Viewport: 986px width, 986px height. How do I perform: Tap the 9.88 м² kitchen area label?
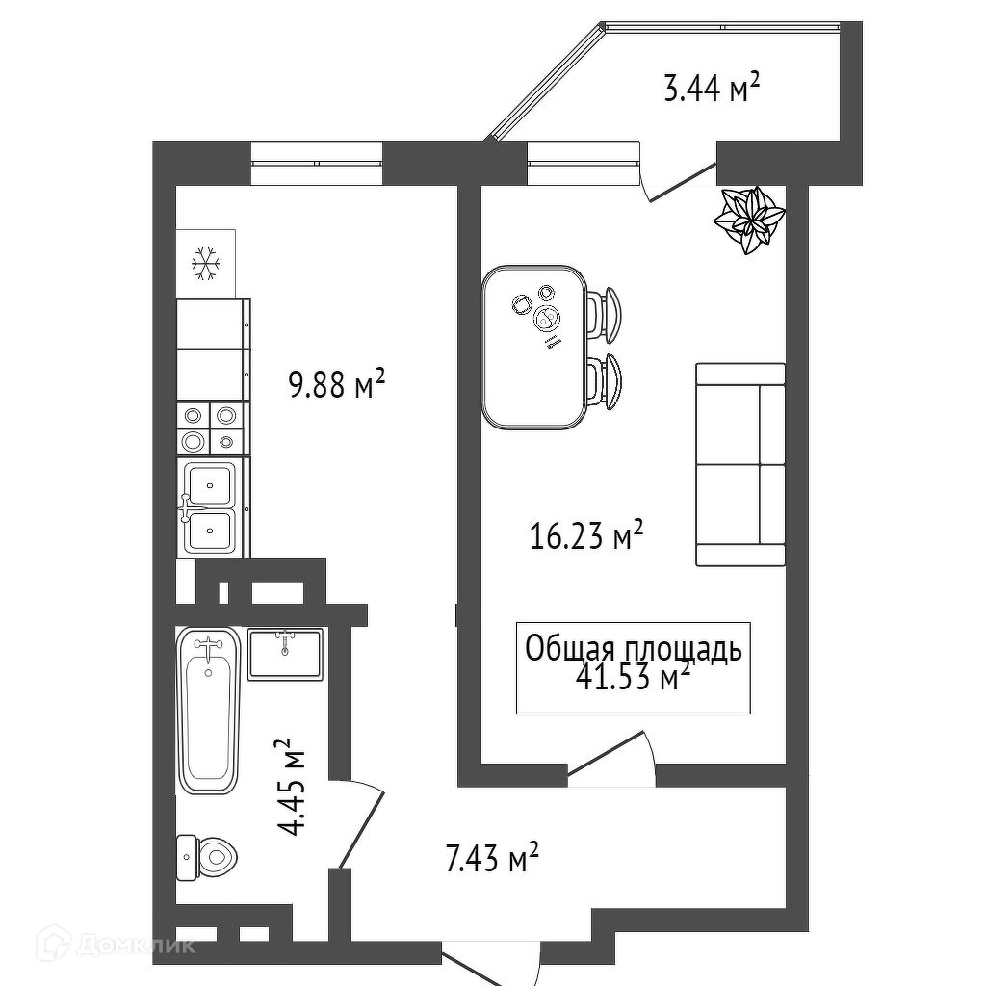337,386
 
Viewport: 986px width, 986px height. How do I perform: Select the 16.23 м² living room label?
586,534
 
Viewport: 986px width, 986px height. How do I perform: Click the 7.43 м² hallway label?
491,857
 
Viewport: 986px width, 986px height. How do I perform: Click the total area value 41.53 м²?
633,678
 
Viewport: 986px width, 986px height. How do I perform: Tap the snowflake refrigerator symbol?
205,263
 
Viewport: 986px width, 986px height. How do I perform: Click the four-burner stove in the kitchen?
209,428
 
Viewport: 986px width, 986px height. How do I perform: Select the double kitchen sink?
210,506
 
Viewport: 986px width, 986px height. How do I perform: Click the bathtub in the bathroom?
207,711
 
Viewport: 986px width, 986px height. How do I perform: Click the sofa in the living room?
739,465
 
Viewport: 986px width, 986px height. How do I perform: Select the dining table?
534,347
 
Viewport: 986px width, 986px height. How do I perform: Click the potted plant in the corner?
749,220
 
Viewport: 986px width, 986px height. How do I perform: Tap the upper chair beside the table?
606,313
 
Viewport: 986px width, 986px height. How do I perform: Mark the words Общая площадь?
633,649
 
